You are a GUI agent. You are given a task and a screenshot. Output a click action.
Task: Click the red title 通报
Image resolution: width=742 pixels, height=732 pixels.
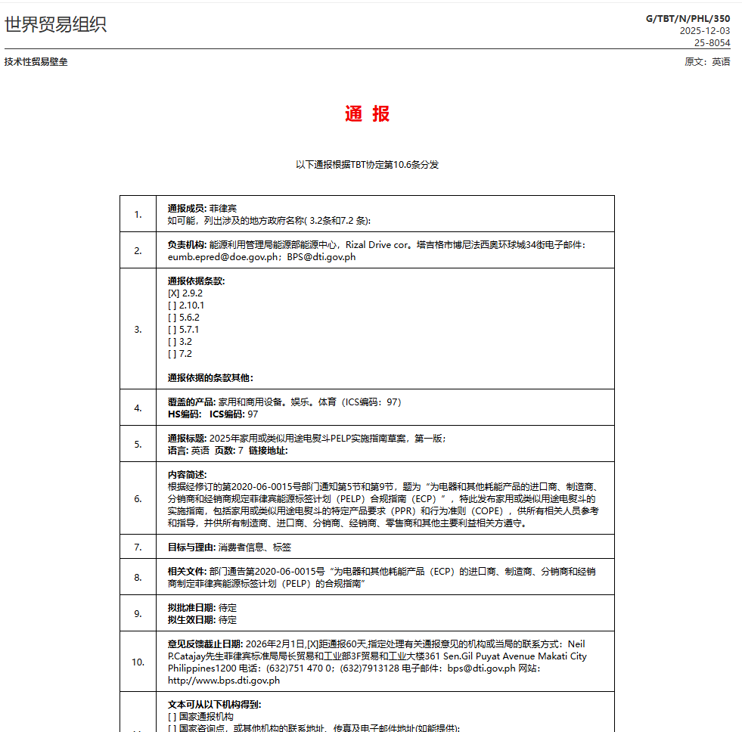click(x=367, y=114)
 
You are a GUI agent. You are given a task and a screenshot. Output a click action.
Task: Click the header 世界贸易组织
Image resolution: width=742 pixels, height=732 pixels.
click(x=55, y=24)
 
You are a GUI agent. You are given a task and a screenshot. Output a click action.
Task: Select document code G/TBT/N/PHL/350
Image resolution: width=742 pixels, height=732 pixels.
click(x=688, y=18)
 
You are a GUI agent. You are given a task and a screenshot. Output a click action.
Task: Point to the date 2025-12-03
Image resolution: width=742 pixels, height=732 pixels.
click(x=704, y=31)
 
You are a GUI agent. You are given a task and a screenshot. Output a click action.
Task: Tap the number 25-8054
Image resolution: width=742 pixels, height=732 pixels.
click(x=713, y=43)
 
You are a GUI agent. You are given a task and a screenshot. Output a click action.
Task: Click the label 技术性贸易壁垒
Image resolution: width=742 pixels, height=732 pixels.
click(x=36, y=62)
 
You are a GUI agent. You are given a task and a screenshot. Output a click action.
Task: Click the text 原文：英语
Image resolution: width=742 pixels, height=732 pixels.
click(x=707, y=62)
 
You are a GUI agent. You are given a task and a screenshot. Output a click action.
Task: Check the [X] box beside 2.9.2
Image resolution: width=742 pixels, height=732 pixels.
click(x=173, y=293)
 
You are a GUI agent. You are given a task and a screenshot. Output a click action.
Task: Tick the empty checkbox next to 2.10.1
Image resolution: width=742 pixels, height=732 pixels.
click(x=172, y=306)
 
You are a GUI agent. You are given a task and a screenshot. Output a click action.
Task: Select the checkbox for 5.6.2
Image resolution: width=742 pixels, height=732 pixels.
click(x=172, y=318)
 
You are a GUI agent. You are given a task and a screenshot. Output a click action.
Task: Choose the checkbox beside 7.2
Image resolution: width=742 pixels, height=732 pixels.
click(x=172, y=354)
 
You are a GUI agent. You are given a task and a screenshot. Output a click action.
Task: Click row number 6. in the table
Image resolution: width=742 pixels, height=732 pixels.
click(x=138, y=499)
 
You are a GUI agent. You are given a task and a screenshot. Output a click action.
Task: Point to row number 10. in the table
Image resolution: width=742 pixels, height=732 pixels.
click(x=138, y=662)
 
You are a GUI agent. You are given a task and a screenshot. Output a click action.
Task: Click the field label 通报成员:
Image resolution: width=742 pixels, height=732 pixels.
click(x=187, y=208)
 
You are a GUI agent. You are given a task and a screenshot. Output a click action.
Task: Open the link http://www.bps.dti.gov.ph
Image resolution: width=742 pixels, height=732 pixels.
click(x=224, y=680)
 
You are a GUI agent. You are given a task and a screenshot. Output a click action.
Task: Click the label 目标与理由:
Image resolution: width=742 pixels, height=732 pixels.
click(x=192, y=547)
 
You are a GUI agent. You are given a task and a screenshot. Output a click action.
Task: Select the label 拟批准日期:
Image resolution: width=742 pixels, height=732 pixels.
click(x=192, y=608)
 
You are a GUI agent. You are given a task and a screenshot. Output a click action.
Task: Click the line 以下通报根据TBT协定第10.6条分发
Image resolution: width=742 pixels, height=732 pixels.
click(x=367, y=164)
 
